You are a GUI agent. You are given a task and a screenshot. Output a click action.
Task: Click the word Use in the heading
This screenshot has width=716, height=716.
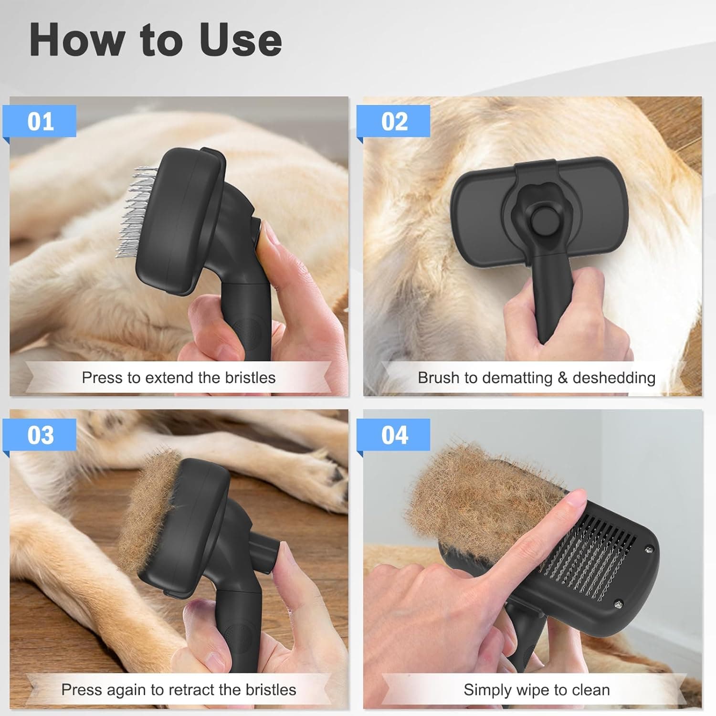tap(241, 41)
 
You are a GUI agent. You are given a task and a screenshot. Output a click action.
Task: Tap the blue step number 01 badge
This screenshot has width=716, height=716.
tap(40, 121)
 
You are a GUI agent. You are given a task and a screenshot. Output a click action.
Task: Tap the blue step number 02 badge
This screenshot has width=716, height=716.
tap(394, 121)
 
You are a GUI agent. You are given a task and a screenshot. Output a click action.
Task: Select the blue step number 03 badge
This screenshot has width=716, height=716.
tap(40, 435)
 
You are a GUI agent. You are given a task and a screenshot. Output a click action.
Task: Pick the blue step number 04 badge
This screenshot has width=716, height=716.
tap(394, 435)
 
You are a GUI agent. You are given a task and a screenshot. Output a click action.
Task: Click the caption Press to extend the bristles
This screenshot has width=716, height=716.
tap(179, 378)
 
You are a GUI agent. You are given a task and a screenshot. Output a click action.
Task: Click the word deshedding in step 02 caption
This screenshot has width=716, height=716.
tap(613, 378)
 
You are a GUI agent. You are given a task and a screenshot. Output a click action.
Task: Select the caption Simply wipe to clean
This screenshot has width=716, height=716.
tap(537, 690)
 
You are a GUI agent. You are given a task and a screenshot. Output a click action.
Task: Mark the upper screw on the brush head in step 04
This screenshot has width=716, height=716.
tap(649, 549)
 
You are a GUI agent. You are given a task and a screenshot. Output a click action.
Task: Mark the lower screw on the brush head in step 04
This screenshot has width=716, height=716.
tap(618, 604)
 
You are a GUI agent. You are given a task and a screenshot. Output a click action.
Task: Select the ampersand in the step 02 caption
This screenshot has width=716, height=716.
tap(562, 378)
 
